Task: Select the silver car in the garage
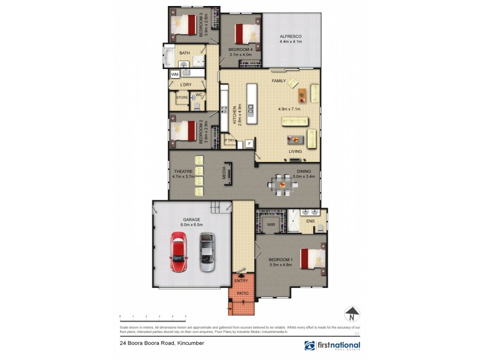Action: [206, 252]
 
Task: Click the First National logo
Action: [332, 346]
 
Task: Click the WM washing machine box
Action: [175, 74]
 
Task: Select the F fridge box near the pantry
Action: [248, 143]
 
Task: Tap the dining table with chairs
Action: [281, 184]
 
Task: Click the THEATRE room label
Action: [183, 172]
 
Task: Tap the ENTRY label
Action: [241, 280]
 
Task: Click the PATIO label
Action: [241, 293]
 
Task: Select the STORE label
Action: [182, 97]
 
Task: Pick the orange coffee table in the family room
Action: [302, 95]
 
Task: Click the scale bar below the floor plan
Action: [153, 316]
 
